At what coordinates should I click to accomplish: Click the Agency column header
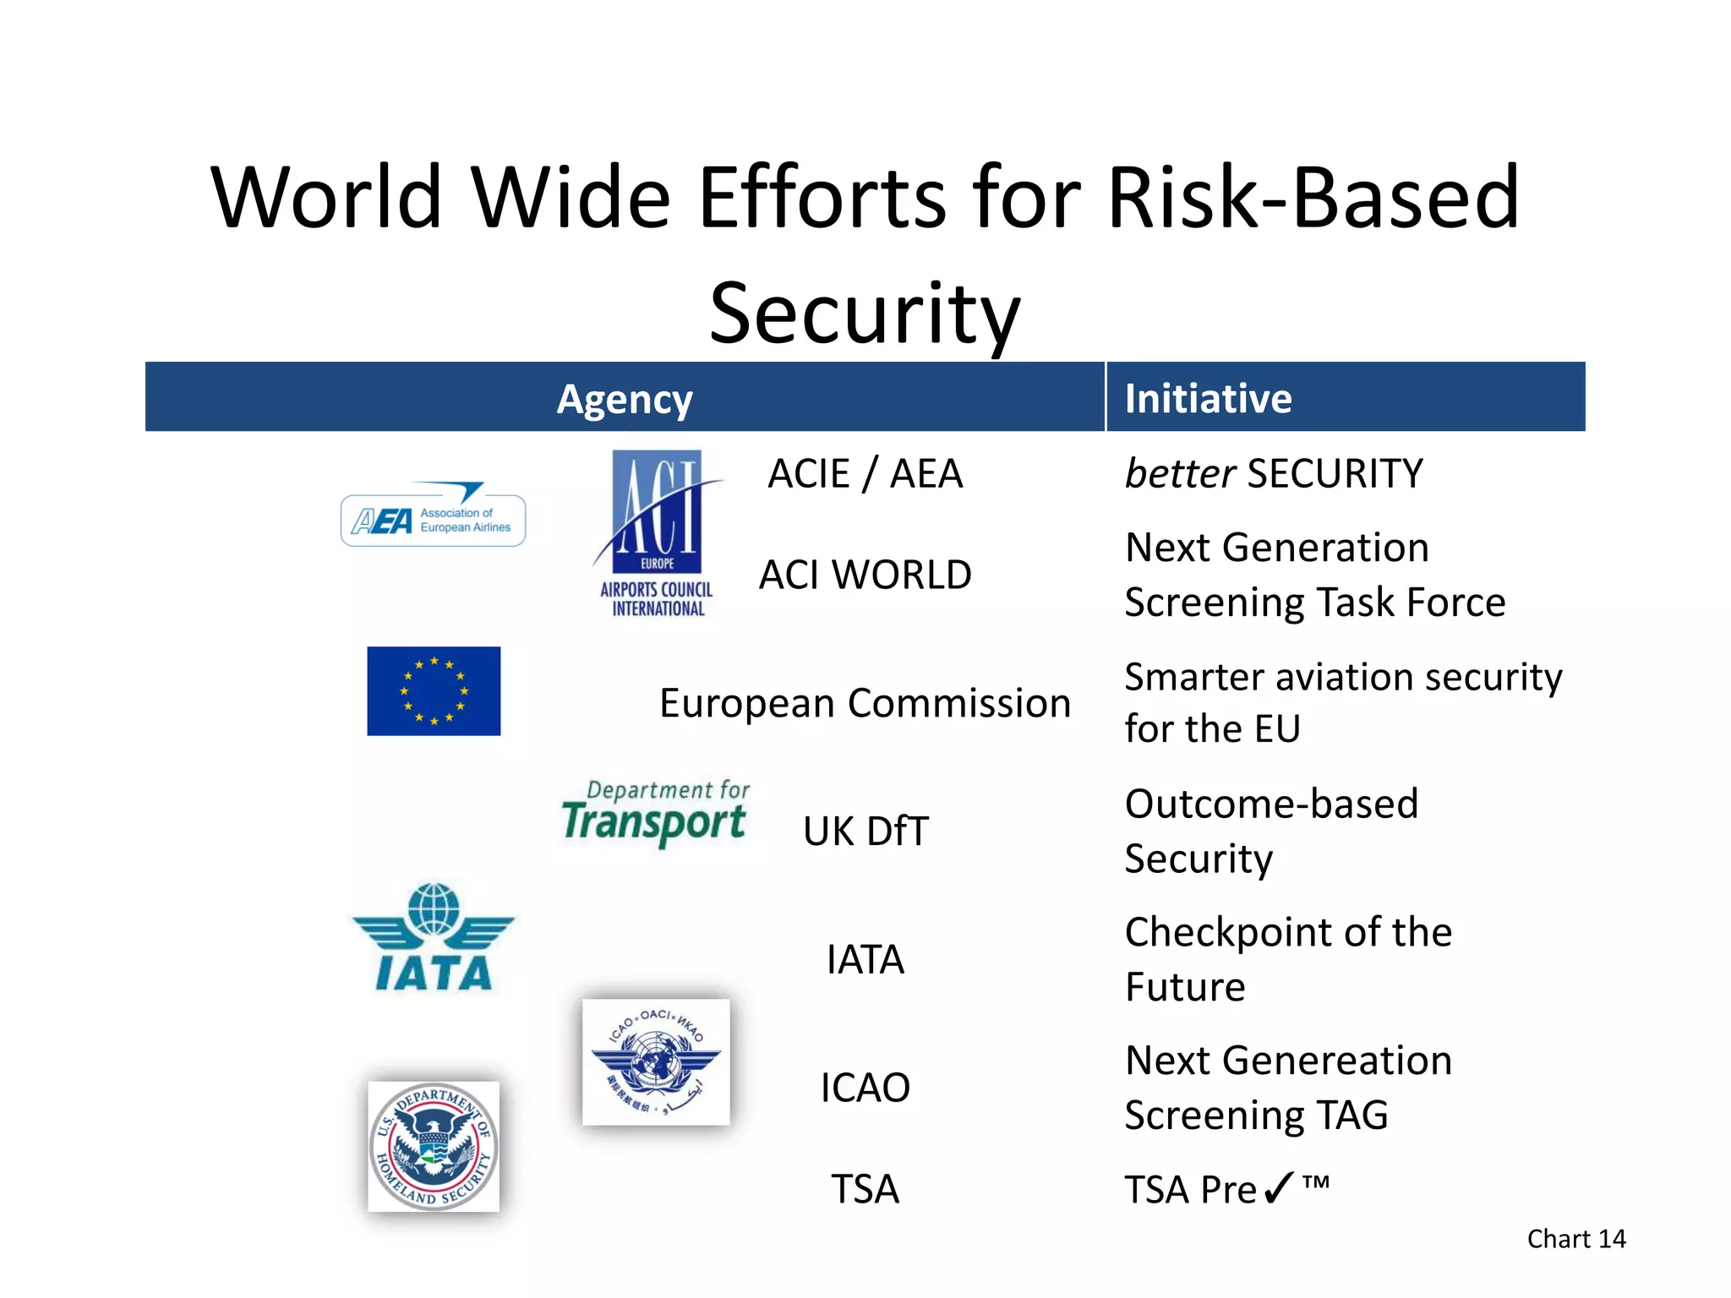(625, 399)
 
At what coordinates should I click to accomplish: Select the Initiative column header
(1208, 399)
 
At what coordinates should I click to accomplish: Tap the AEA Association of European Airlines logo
(433, 517)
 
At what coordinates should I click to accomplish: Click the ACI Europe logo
(658, 532)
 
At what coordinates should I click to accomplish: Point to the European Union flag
(434, 691)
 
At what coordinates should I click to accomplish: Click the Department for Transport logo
(655, 813)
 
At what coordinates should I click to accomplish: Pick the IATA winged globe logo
(433, 938)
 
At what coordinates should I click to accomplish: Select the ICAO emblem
(656, 1062)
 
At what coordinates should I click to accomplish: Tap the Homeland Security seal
(434, 1146)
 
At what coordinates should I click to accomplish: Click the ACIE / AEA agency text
(865, 474)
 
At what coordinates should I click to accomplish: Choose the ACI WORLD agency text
(865, 575)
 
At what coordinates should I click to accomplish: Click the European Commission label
(865, 704)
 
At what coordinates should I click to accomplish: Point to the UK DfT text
(865, 832)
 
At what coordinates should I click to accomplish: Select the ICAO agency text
(865, 1088)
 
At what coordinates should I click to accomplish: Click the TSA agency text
(865, 1190)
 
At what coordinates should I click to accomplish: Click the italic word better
(1180, 474)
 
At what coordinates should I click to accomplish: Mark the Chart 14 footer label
(1575, 1239)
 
